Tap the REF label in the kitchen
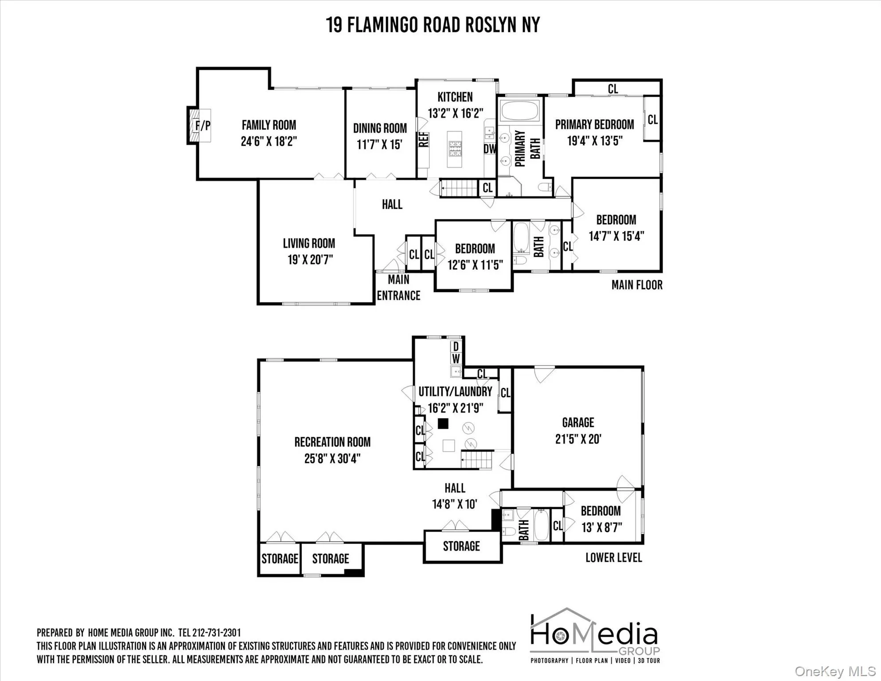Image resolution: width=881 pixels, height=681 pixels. click(424, 139)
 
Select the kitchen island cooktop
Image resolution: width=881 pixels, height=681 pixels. click(455, 149)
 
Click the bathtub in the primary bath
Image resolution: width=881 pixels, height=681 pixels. click(519, 110)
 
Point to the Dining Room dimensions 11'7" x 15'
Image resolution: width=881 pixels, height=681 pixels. click(379, 145)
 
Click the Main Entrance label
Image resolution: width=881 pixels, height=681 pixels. click(398, 288)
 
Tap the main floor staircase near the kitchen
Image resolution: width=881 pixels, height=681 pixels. click(459, 188)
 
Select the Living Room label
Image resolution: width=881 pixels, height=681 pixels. click(309, 243)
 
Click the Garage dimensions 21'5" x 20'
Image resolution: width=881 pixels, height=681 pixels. click(578, 439)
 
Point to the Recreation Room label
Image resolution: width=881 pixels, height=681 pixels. click(332, 442)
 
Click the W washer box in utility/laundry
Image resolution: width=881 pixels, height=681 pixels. click(456, 358)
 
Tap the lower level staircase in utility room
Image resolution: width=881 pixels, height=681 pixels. click(477, 460)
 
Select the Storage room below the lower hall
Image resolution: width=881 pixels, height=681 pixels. click(462, 546)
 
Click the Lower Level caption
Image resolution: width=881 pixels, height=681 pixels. click(613, 558)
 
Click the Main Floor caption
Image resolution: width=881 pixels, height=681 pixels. click(637, 285)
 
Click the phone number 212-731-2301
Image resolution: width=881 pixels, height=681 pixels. click(216, 633)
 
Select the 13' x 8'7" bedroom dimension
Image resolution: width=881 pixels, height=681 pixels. click(601, 528)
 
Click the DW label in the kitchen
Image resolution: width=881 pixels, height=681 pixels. click(490, 149)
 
